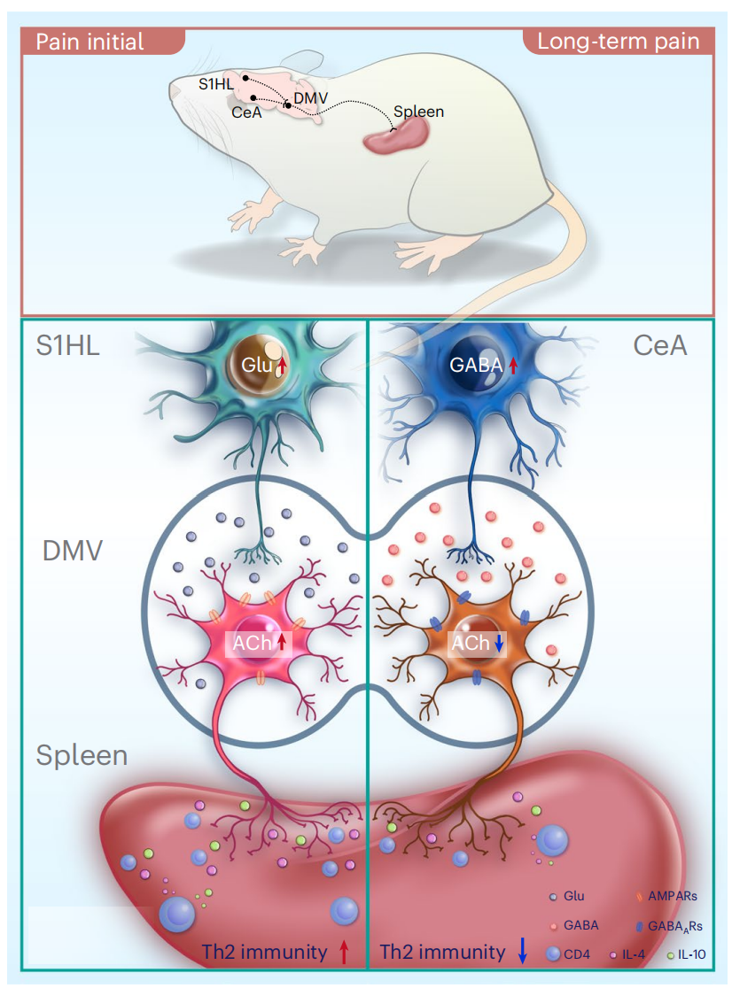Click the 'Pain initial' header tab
pyautogui.click(x=89, y=42)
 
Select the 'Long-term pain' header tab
pyautogui.click(x=619, y=42)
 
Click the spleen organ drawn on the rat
pyautogui.click(x=395, y=137)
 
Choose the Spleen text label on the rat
pyautogui.click(x=418, y=112)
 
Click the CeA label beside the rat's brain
pyautogui.click(x=245, y=113)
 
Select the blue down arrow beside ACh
pyautogui.click(x=499, y=645)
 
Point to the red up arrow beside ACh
pyautogui.click(x=282, y=644)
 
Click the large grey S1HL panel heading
pyautogui.click(x=68, y=345)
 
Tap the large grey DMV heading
pyautogui.click(x=74, y=552)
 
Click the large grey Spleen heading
pyautogui.click(x=82, y=755)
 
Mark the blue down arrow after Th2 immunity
pyautogui.click(x=522, y=953)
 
